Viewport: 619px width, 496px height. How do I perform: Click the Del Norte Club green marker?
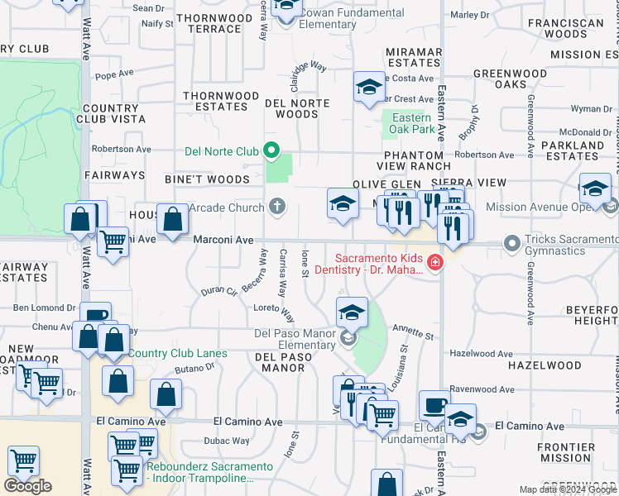tap(271, 151)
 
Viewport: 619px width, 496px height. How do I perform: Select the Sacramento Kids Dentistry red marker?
tap(435, 263)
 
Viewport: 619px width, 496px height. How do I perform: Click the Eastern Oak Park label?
tap(412, 123)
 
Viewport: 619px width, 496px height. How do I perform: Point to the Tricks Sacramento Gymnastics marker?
tap(513, 243)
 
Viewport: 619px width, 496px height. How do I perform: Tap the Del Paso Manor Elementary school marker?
tap(348, 337)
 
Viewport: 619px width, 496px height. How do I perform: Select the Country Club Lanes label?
tap(177, 354)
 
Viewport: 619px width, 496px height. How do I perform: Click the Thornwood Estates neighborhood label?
tap(215, 101)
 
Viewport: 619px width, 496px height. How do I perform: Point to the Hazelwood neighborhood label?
tap(545, 365)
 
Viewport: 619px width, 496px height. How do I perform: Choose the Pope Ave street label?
tap(114, 74)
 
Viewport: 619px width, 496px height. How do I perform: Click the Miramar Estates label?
tap(415, 57)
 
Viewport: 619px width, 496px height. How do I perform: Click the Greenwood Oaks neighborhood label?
tap(511, 79)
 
